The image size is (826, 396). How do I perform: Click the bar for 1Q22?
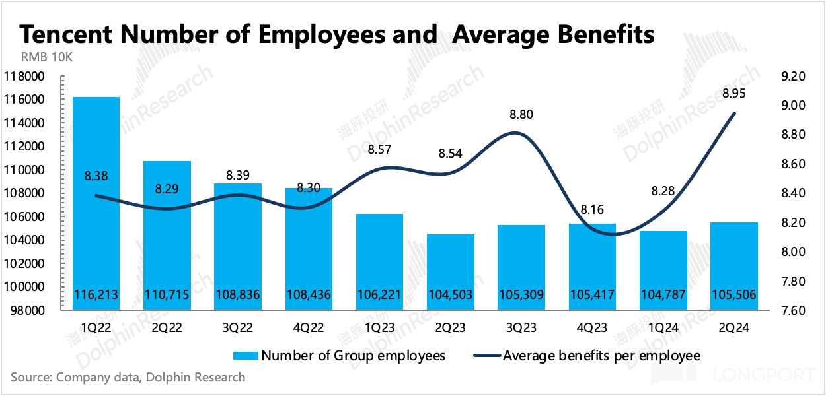pyautogui.click(x=96, y=198)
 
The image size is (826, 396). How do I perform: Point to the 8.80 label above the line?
pyautogui.click(x=521, y=114)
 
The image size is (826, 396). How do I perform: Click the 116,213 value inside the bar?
pyautogui.click(x=96, y=295)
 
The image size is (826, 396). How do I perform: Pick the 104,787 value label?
pyautogui.click(x=663, y=295)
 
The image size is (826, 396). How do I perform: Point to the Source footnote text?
pyautogui.click(x=128, y=378)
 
